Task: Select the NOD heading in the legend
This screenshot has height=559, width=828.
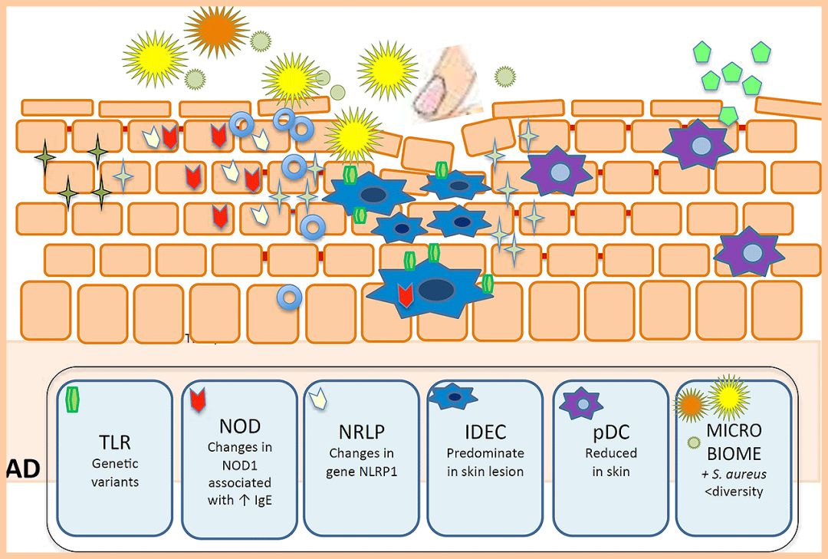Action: point(238,426)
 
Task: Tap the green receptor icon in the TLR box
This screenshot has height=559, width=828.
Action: point(73,399)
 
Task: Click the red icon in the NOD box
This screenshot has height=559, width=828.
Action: point(198,400)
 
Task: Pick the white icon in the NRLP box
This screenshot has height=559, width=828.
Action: point(318,399)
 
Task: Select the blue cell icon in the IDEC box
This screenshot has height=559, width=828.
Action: point(452,396)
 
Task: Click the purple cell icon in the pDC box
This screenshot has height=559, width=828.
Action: point(581,403)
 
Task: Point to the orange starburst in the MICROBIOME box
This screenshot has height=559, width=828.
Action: point(692,403)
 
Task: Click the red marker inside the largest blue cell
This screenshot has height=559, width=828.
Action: point(406,295)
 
